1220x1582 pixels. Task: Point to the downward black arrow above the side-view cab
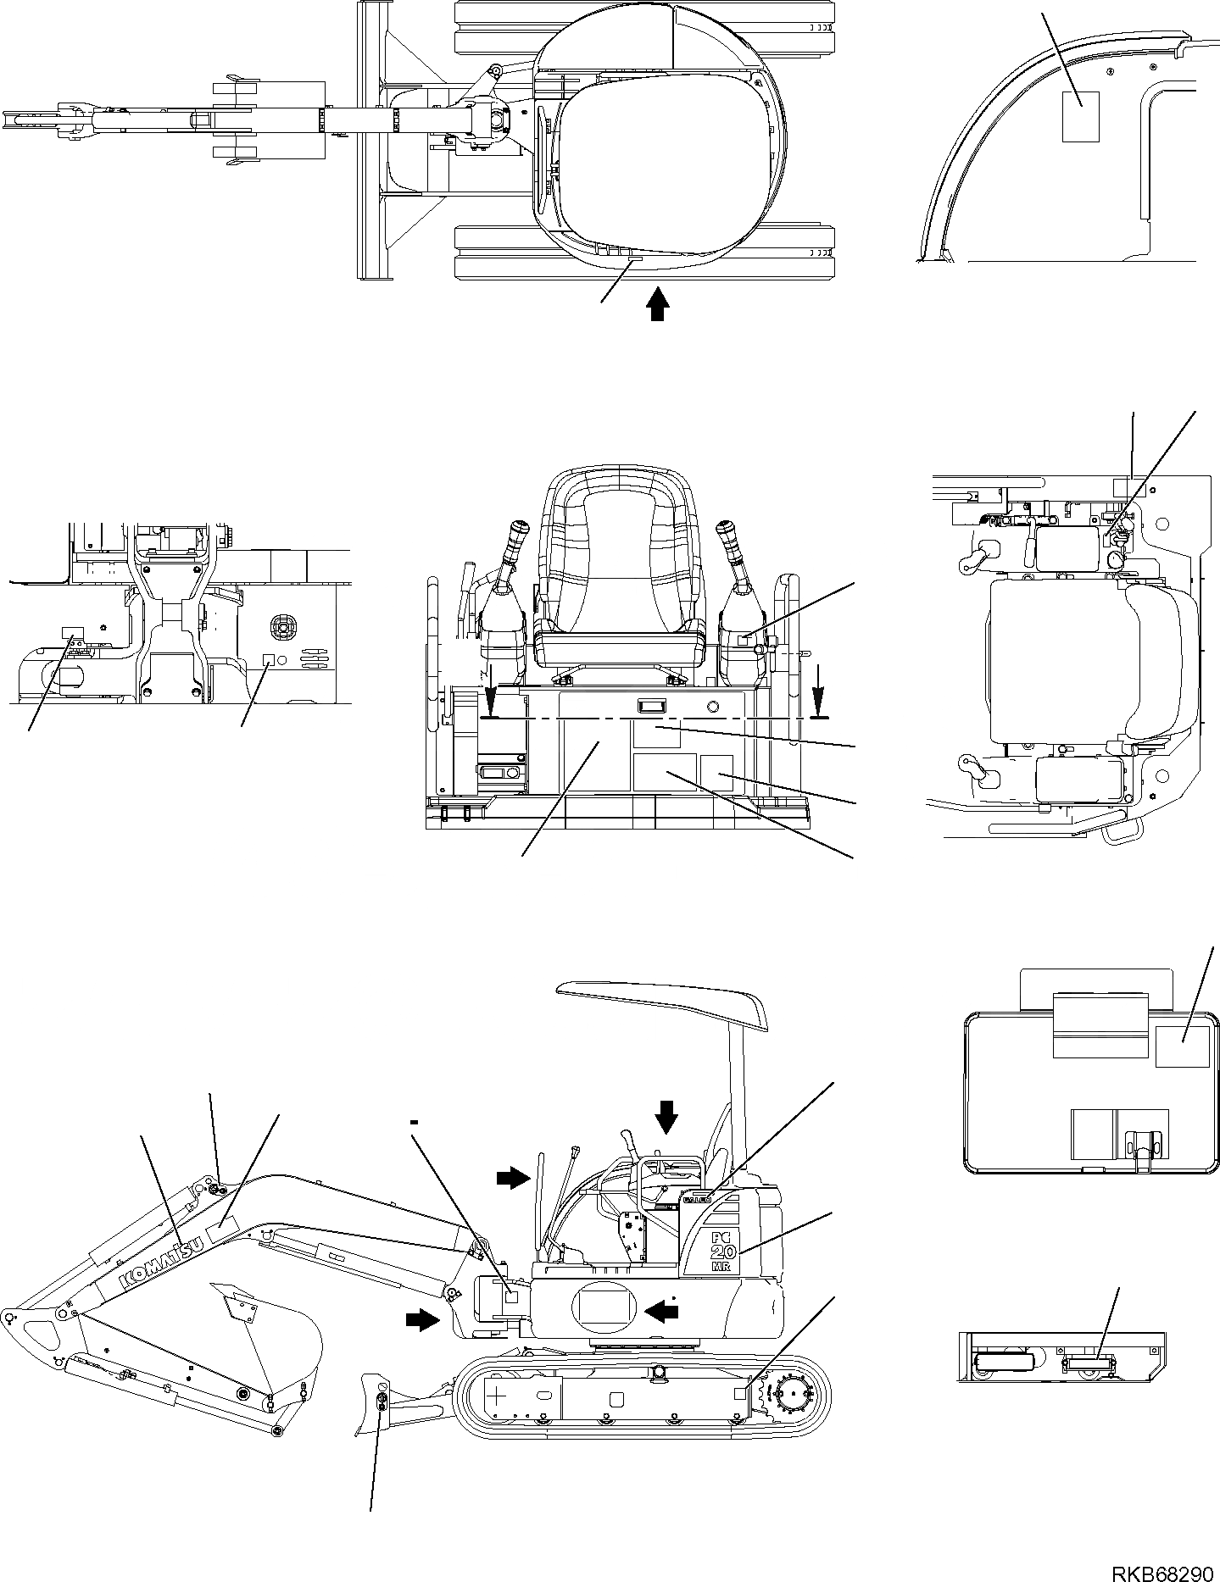667,1117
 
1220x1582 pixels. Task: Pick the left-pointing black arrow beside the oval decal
662,1311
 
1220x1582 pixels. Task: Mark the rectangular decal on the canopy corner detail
1081,116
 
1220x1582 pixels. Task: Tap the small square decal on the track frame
741,1392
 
